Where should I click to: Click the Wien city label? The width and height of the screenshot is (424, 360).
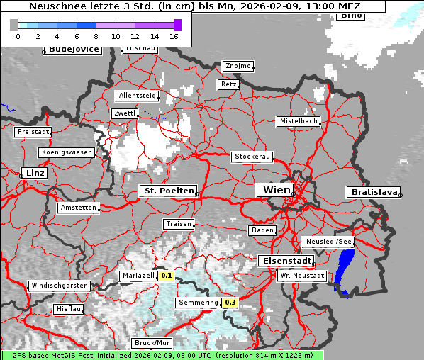click(277, 190)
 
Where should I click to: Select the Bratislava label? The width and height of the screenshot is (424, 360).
click(372, 192)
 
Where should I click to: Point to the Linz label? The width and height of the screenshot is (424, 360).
click(33, 173)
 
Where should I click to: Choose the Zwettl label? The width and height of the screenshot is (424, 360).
click(124, 113)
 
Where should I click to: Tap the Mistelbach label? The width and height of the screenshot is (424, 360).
click(299, 121)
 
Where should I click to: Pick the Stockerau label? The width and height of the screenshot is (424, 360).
click(252, 157)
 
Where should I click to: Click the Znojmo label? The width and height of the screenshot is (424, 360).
click(238, 66)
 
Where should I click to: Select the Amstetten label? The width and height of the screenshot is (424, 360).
click(78, 208)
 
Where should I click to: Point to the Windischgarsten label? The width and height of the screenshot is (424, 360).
click(59, 286)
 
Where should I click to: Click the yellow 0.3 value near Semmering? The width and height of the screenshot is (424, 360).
click(230, 303)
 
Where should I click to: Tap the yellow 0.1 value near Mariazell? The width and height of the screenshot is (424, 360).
click(167, 275)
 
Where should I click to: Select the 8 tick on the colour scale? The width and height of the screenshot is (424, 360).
click(96, 35)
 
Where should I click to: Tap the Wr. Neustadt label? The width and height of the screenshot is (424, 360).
click(302, 275)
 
